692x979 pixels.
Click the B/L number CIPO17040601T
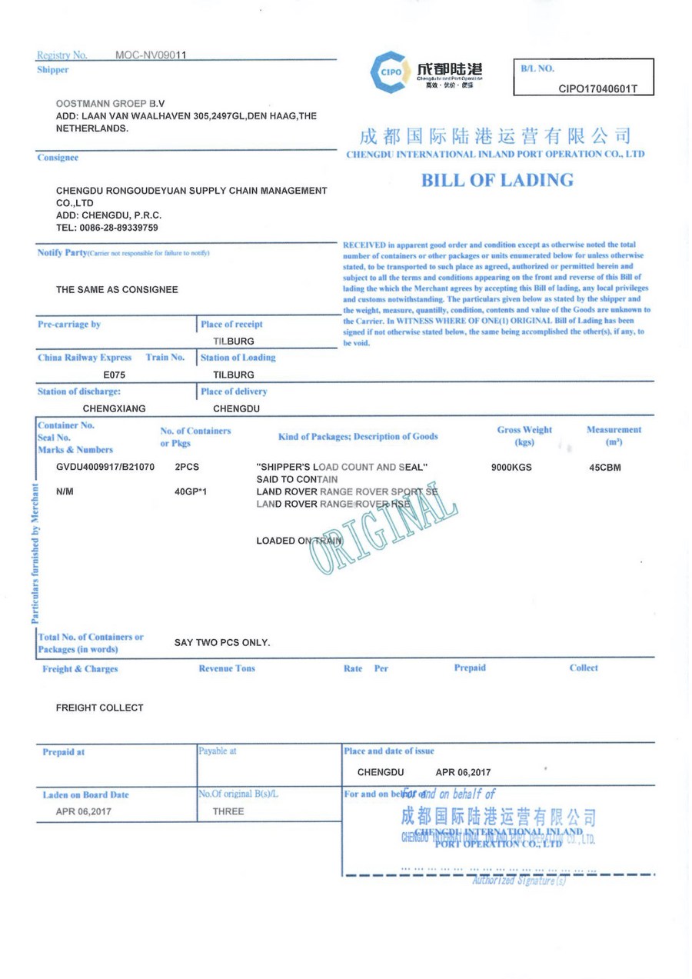pyautogui.click(x=597, y=88)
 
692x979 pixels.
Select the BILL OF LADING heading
pyautogui.click(x=497, y=181)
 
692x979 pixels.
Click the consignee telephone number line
pyautogui.click(x=107, y=228)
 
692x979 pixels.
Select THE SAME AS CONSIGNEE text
pyautogui.click(x=117, y=290)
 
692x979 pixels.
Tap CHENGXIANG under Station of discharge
pyautogui.click(x=115, y=408)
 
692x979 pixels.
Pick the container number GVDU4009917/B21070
pyautogui.click(x=105, y=467)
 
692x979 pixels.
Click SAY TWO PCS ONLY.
pyautogui.click(x=221, y=642)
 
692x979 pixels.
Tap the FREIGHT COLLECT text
pyautogui.click(x=99, y=708)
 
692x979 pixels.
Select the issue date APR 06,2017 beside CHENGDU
pyautogui.click(x=463, y=772)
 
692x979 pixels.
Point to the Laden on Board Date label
pyautogui.click(x=86, y=795)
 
